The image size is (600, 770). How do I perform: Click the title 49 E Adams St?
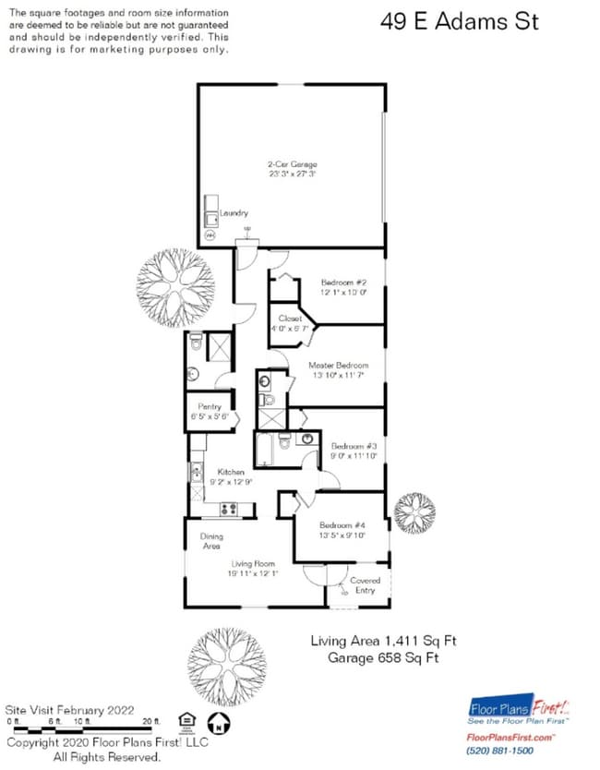[459, 22]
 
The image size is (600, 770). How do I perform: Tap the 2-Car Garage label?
[292, 164]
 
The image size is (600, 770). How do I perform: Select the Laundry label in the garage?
[234, 213]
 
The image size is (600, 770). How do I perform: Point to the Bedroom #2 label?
[344, 283]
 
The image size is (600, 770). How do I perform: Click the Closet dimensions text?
[291, 329]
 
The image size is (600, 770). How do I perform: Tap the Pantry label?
[210, 406]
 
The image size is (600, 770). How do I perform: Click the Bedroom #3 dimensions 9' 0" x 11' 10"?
[354, 456]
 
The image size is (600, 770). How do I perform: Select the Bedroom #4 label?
[342, 524]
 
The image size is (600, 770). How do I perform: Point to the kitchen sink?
[197, 473]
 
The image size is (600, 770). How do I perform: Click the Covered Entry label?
[365, 585]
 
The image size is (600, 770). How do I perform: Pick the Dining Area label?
[210, 541]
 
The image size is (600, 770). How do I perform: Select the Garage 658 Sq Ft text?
[382, 657]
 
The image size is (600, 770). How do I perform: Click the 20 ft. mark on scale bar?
[151, 719]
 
